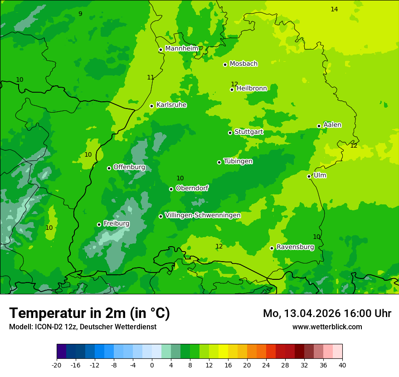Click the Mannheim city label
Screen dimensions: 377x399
click(182, 49)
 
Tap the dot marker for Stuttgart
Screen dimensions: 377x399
click(230, 133)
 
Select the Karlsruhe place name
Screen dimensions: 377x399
click(171, 105)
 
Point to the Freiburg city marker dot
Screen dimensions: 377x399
click(99, 224)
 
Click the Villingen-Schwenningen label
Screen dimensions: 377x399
click(203, 215)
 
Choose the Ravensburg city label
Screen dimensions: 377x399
click(295, 247)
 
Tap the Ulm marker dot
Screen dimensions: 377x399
click(309, 176)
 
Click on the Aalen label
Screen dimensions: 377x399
click(332, 125)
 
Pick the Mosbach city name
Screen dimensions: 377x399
click(243, 64)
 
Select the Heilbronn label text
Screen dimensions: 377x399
click(252, 89)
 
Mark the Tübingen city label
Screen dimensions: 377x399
click(238, 161)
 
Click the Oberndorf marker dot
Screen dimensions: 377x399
click(171, 189)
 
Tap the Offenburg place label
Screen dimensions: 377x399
click(129, 167)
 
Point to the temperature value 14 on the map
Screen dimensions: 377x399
click(334, 9)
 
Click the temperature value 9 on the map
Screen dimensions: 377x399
click(80, 14)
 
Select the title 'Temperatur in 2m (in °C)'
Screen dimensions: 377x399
click(89, 313)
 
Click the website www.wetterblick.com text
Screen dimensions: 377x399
click(327, 327)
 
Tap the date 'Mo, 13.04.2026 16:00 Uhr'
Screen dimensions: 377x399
click(327, 313)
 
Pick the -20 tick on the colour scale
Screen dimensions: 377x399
click(57, 365)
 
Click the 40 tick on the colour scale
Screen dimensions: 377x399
click(342, 365)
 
